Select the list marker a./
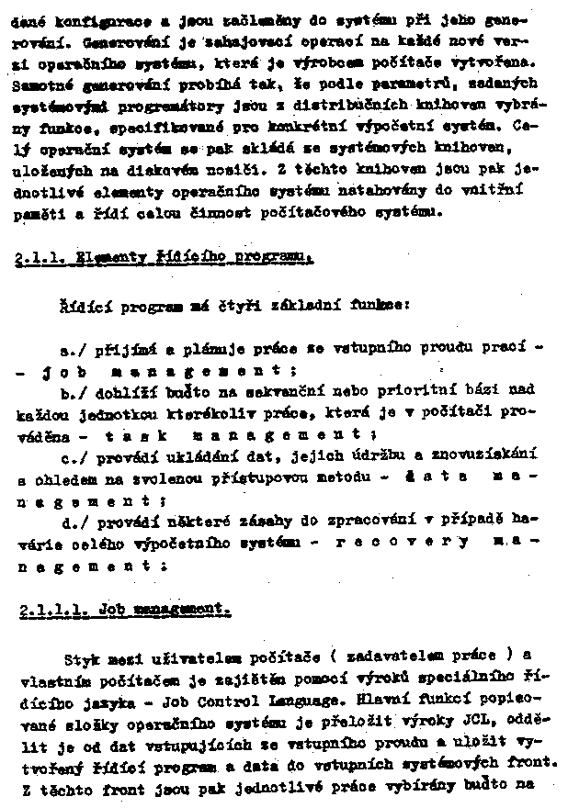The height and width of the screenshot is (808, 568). tap(71, 350)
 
